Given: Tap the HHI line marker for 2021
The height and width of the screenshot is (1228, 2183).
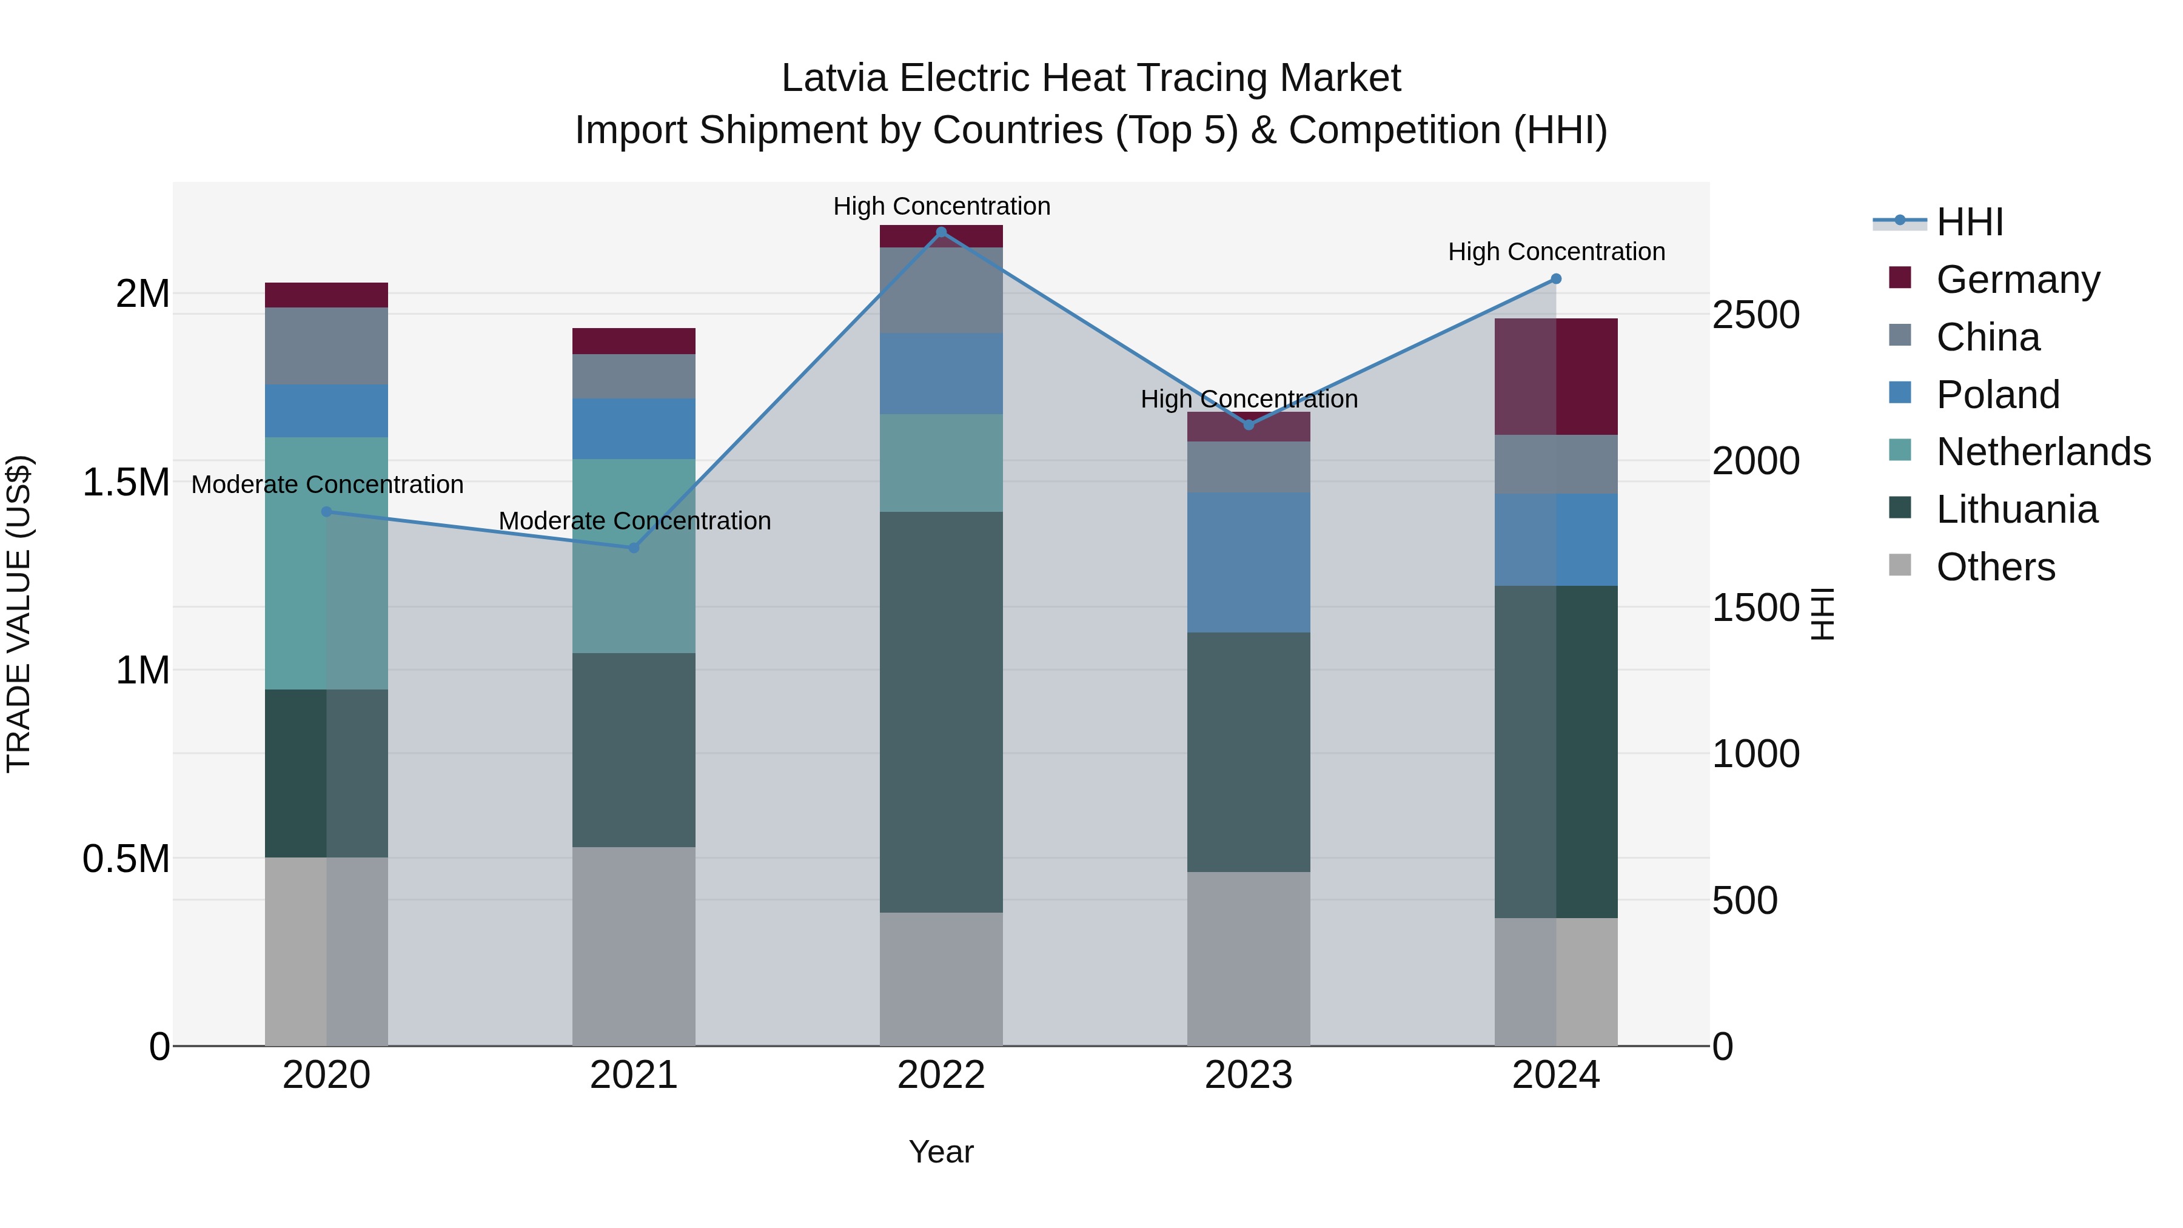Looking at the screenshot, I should [x=633, y=548].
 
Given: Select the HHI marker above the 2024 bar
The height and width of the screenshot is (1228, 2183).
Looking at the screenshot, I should [x=1556, y=279].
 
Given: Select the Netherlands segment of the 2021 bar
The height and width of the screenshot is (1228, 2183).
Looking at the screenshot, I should [x=633, y=556].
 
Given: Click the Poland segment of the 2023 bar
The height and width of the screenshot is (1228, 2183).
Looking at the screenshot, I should [x=1249, y=562].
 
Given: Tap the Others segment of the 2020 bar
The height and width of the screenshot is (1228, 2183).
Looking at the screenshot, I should [x=326, y=951].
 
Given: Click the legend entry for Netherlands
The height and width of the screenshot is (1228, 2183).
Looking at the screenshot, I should [x=2042, y=452].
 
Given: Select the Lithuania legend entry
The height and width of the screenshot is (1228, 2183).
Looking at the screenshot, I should [x=2016, y=509].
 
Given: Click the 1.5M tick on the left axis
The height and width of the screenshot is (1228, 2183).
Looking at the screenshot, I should [x=126, y=482].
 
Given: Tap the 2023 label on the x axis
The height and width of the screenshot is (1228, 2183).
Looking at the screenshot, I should [x=1249, y=1075].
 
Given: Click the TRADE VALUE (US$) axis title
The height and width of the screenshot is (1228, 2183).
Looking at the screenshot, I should [x=19, y=614].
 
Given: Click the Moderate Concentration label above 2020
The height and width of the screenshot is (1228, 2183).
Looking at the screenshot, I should [x=327, y=484].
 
